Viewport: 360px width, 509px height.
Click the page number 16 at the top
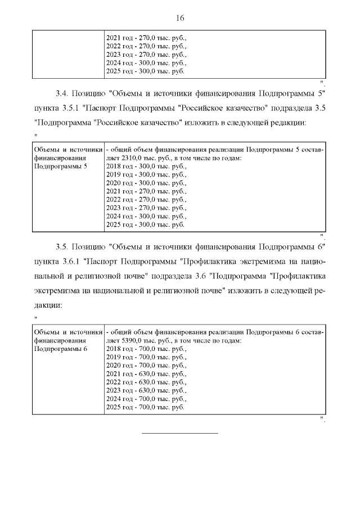pyautogui.click(x=180, y=18)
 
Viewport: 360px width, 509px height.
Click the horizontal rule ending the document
pyautogui.click(x=179, y=433)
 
